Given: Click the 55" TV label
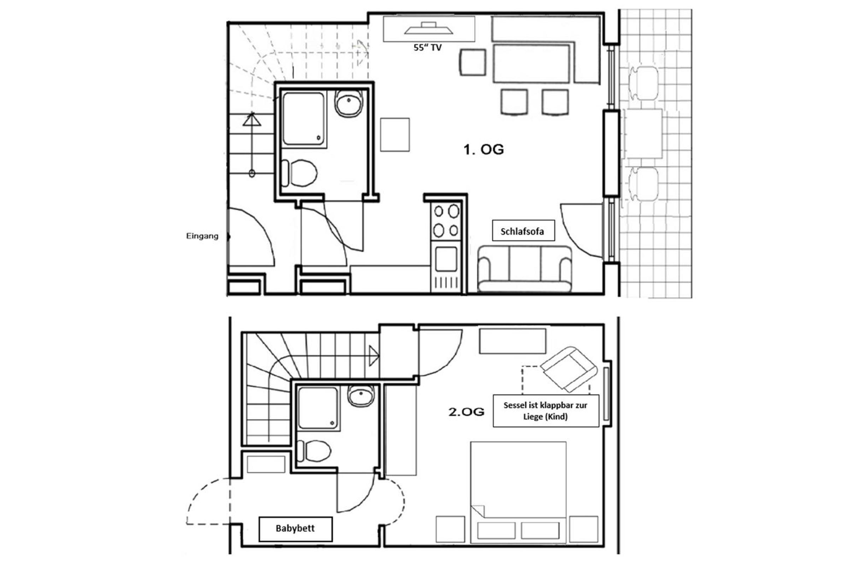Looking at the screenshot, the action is click(427, 48).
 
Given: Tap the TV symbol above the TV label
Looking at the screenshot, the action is click(428, 28).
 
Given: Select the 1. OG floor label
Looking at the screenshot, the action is click(483, 149).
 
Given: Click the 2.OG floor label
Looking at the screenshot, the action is click(466, 412).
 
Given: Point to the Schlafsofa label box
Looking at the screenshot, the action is click(524, 231).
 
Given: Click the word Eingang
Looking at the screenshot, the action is click(202, 236).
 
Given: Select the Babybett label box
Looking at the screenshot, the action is click(296, 529).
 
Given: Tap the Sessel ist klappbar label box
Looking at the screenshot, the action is click(546, 411).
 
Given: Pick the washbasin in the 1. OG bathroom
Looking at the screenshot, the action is click(349, 103).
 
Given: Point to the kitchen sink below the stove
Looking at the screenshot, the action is click(446, 259).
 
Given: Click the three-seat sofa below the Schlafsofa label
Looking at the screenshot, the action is click(525, 269).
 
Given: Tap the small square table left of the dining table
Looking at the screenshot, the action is click(473, 63).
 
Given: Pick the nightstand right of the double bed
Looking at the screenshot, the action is click(584, 529).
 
